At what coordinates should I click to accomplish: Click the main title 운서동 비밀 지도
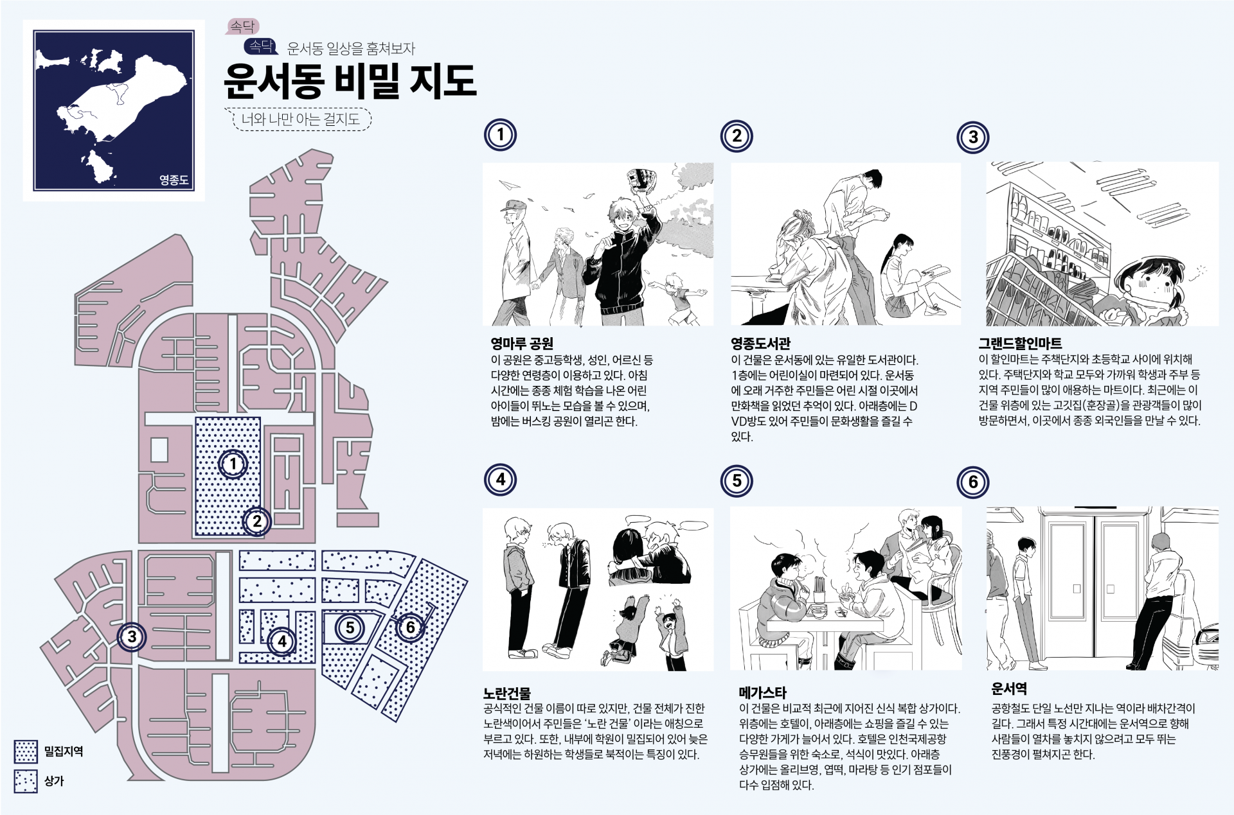(350, 81)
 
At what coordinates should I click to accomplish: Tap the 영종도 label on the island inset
(174, 180)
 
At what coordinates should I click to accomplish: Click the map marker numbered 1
(233, 464)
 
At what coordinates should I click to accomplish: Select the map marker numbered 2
(257, 521)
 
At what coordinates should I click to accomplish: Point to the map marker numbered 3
(132, 637)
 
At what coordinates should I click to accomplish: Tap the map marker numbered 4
(282, 641)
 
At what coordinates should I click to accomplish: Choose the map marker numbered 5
(350, 627)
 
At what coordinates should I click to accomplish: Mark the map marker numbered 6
(410, 627)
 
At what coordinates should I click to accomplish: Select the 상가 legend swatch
(26, 782)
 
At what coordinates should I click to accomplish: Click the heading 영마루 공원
(522, 343)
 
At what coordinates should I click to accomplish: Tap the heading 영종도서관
(761, 343)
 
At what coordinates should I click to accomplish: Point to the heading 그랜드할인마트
(1021, 343)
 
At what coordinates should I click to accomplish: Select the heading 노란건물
(507, 693)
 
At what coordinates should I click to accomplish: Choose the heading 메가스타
(763, 692)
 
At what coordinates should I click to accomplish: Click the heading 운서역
(1009, 689)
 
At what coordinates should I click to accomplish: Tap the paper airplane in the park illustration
(510, 186)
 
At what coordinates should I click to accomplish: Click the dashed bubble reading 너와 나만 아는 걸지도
(299, 119)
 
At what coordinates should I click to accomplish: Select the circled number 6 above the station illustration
(973, 482)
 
